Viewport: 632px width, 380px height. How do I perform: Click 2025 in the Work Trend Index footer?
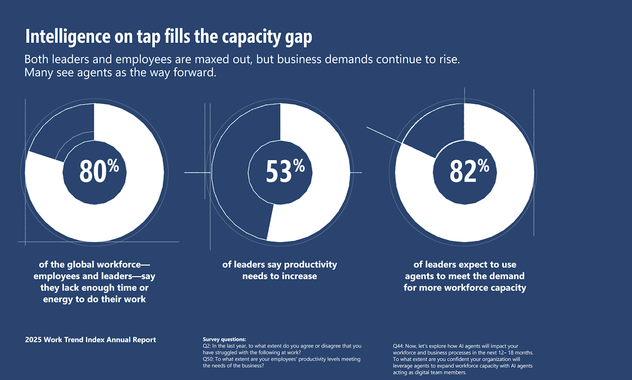pos(34,340)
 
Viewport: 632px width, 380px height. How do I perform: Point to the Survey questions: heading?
pos(224,340)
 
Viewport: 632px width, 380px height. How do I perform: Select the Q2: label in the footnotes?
pos(207,346)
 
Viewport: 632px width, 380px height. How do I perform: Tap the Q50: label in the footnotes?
pos(208,359)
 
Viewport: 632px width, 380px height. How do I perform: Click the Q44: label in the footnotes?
pos(398,346)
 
